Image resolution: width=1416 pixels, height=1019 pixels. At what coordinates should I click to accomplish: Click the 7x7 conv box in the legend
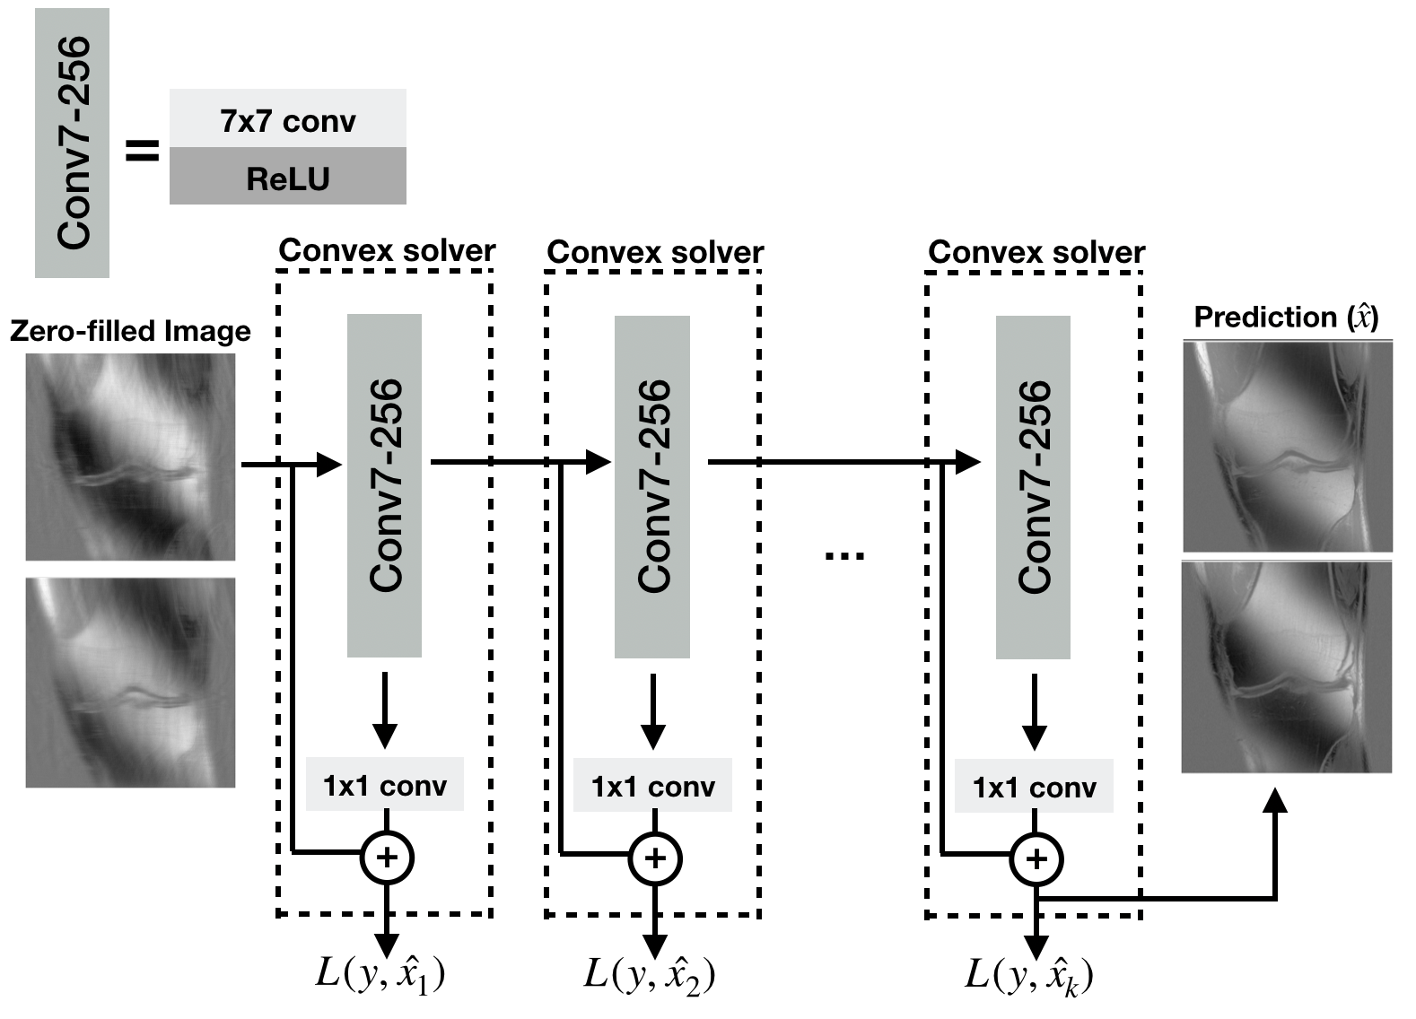[x=287, y=119]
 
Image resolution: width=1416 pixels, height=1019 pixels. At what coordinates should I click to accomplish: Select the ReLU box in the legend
[x=287, y=178]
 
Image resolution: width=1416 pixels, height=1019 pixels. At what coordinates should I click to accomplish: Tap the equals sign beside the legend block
[x=142, y=151]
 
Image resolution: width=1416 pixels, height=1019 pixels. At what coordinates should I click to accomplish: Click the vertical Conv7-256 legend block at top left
[x=72, y=143]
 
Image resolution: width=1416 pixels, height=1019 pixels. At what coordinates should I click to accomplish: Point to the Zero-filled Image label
[x=130, y=331]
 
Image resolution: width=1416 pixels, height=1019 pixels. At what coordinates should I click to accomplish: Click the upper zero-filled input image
[x=130, y=457]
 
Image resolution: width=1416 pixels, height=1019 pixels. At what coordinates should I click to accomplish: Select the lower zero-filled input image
[x=130, y=683]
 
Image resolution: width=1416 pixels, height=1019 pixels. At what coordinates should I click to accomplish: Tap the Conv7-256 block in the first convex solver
[x=384, y=485]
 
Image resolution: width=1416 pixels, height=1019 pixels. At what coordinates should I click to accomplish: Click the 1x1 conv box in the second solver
[x=652, y=786]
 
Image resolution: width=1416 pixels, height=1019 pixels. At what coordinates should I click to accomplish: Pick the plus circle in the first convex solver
[x=386, y=858]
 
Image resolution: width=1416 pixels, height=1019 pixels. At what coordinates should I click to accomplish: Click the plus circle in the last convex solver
[x=1036, y=858]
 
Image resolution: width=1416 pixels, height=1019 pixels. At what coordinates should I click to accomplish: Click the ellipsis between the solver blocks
[x=844, y=556]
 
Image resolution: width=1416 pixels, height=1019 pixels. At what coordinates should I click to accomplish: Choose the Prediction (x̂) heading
[x=1286, y=318]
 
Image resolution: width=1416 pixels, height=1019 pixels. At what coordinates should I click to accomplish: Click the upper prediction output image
[x=1287, y=447]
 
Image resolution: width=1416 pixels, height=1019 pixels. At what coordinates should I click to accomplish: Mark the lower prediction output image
[x=1286, y=666]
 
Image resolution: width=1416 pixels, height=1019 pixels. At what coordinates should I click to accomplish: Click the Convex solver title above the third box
[x=1036, y=252]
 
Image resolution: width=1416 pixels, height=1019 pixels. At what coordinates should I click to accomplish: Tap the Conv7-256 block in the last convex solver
[x=1033, y=487]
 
